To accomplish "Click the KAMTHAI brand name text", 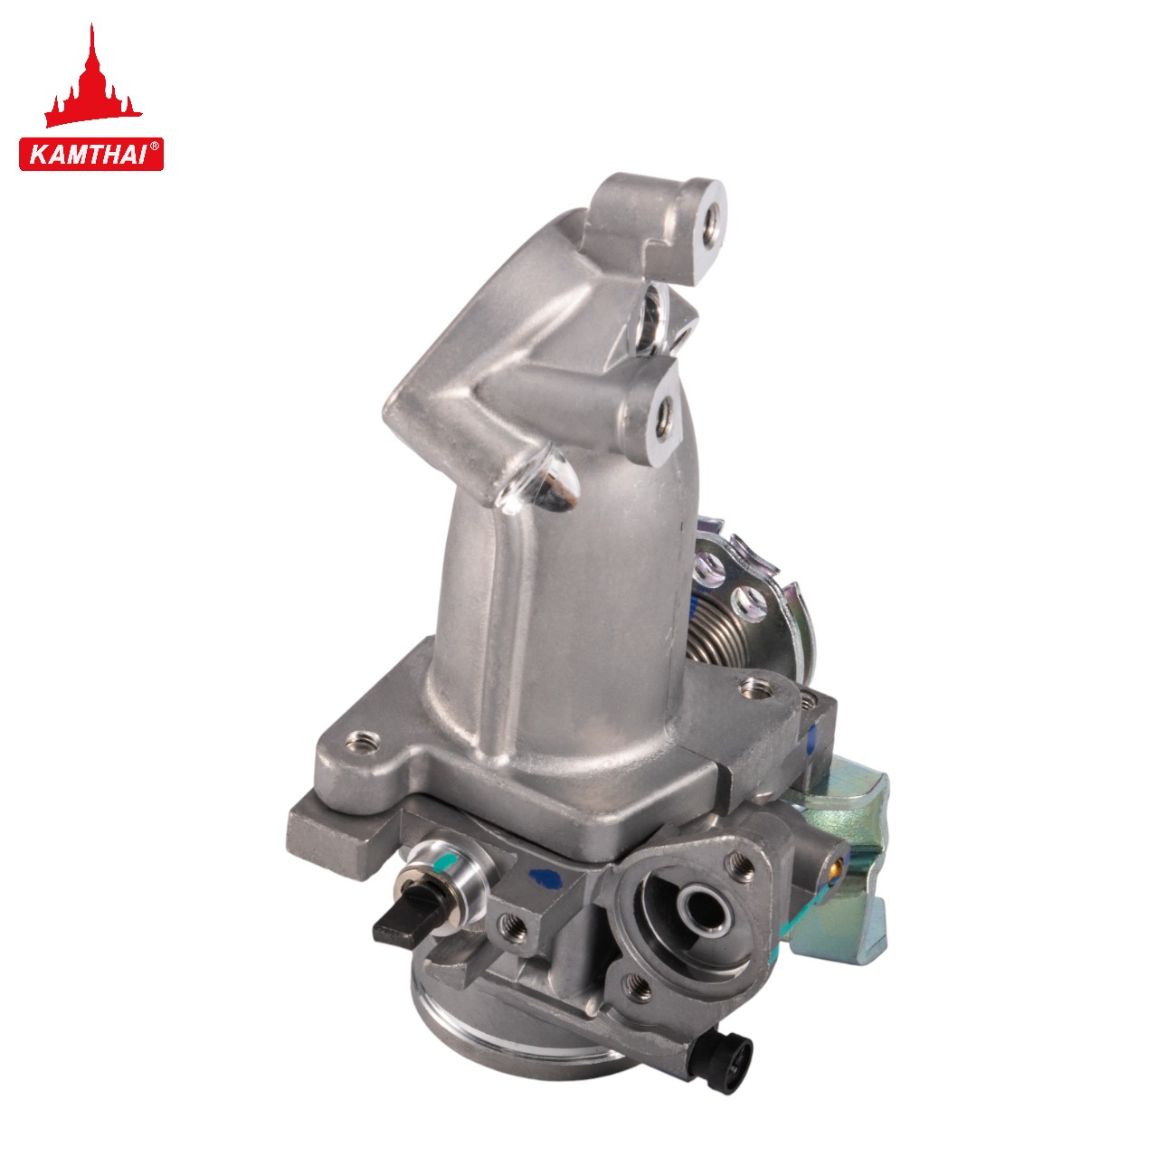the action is click(x=87, y=155).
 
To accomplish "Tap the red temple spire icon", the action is click(x=93, y=81).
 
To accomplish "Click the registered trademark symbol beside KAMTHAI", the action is click(x=155, y=147).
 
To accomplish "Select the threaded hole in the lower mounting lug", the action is click(x=663, y=418).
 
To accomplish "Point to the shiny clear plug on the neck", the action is click(x=539, y=483).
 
